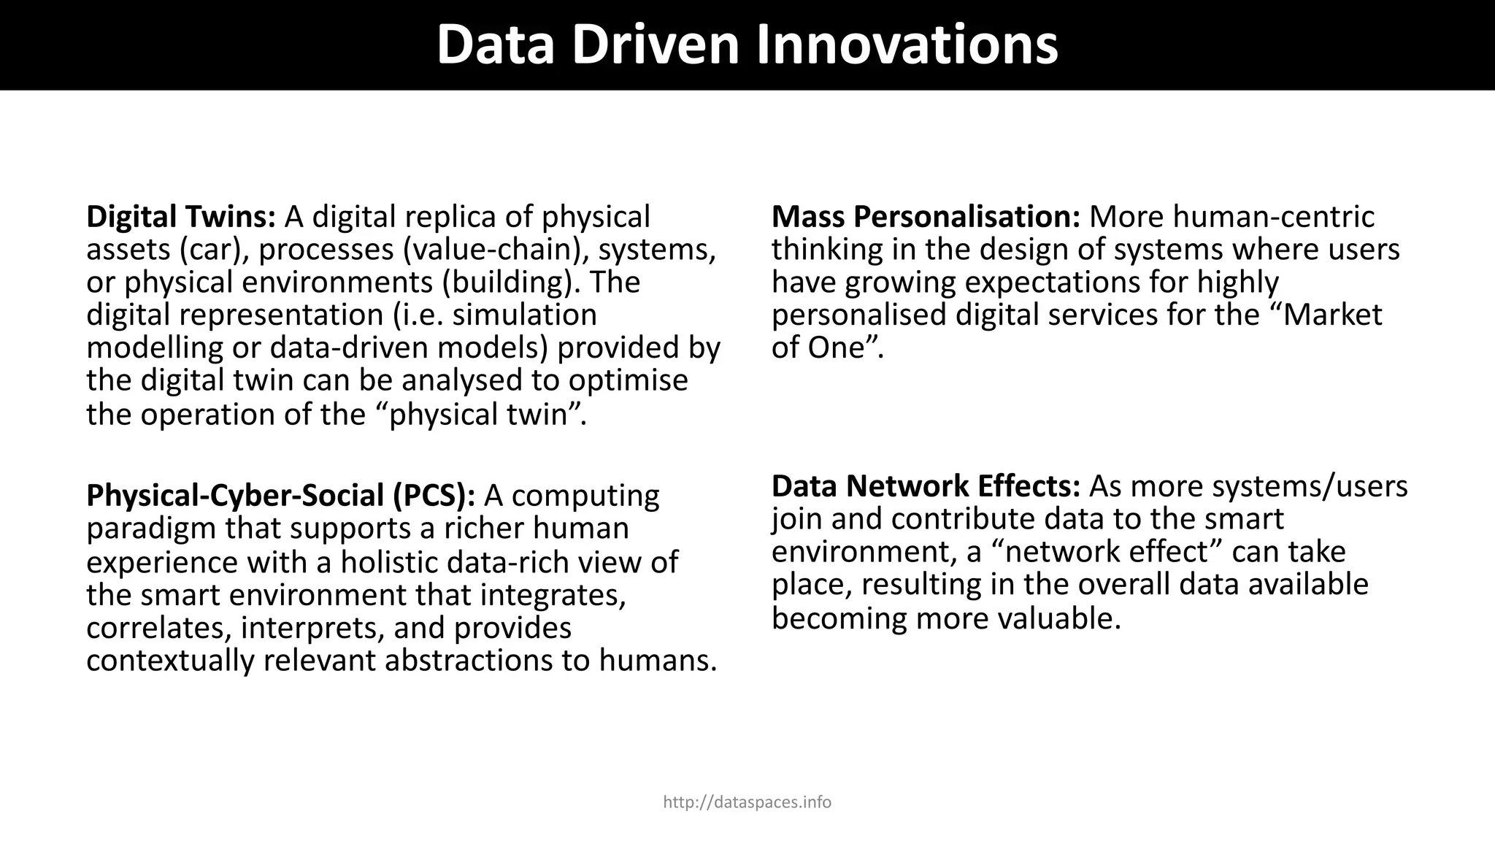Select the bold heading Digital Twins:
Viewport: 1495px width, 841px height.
point(181,217)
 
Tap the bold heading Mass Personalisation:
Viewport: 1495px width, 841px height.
point(926,217)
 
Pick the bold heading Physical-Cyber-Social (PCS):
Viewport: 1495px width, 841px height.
point(281,495)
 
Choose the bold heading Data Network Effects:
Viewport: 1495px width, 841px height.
point(926,486)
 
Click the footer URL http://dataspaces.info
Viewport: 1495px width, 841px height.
point(747,802)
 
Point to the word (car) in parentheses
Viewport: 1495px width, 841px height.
point(210,250)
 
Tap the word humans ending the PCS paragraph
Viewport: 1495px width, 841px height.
point(657,661)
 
